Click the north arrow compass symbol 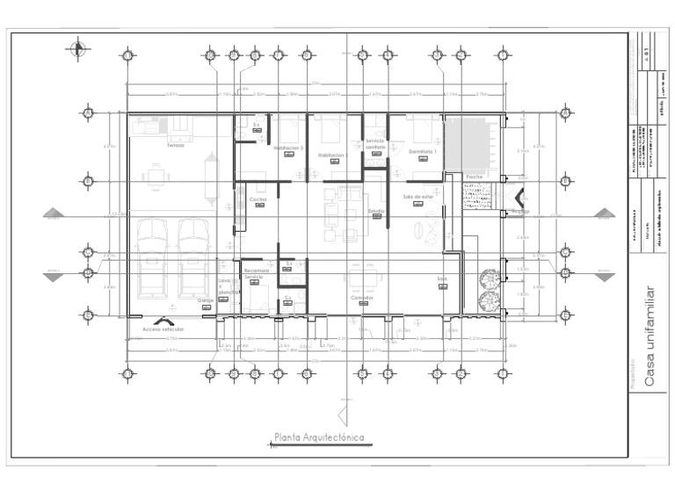[x=79, y=48]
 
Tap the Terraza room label [x=175, y=146]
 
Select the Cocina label [x=258, y=200]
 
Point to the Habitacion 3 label [x=288, y=148]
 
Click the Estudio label [x=376, y=211]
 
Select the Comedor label [x=362, y=298]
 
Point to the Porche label [x=475, y=177]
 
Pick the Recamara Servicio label [x=255, y=273]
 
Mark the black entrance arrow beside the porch [x=520, y=199]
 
